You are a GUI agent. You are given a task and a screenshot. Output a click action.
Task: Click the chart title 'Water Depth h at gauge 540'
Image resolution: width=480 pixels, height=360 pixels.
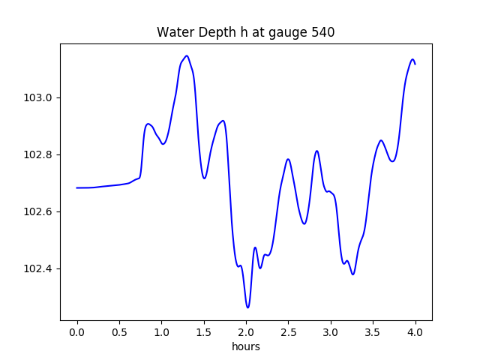(245, 32)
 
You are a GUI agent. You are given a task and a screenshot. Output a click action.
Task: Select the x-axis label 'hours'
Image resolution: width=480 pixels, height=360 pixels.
(246, 347)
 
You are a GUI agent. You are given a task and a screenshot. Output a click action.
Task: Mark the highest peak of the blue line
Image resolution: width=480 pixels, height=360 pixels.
(187, 55)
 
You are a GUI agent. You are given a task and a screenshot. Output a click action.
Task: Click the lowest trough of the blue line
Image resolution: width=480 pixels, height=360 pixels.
(247, 307)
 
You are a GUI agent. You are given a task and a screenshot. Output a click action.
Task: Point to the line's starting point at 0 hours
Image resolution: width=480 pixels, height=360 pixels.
(77, 187)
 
